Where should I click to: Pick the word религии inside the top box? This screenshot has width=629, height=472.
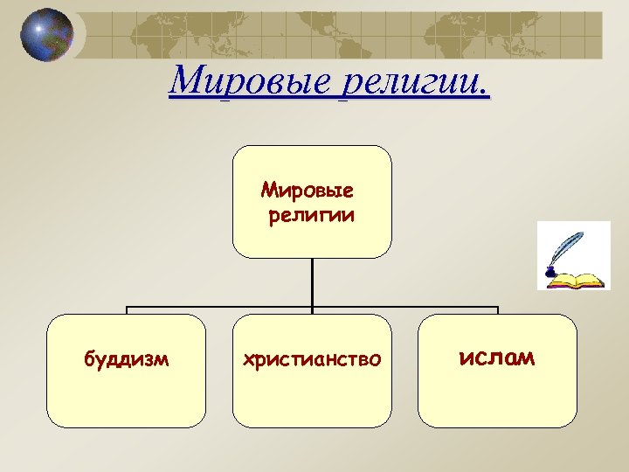click(312, 214)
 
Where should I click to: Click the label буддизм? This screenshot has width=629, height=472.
click(127, 358)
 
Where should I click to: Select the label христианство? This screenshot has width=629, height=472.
click(312, 358)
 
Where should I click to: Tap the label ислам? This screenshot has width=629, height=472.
click(497, 357)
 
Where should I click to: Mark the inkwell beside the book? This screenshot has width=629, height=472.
click(550, 274)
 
